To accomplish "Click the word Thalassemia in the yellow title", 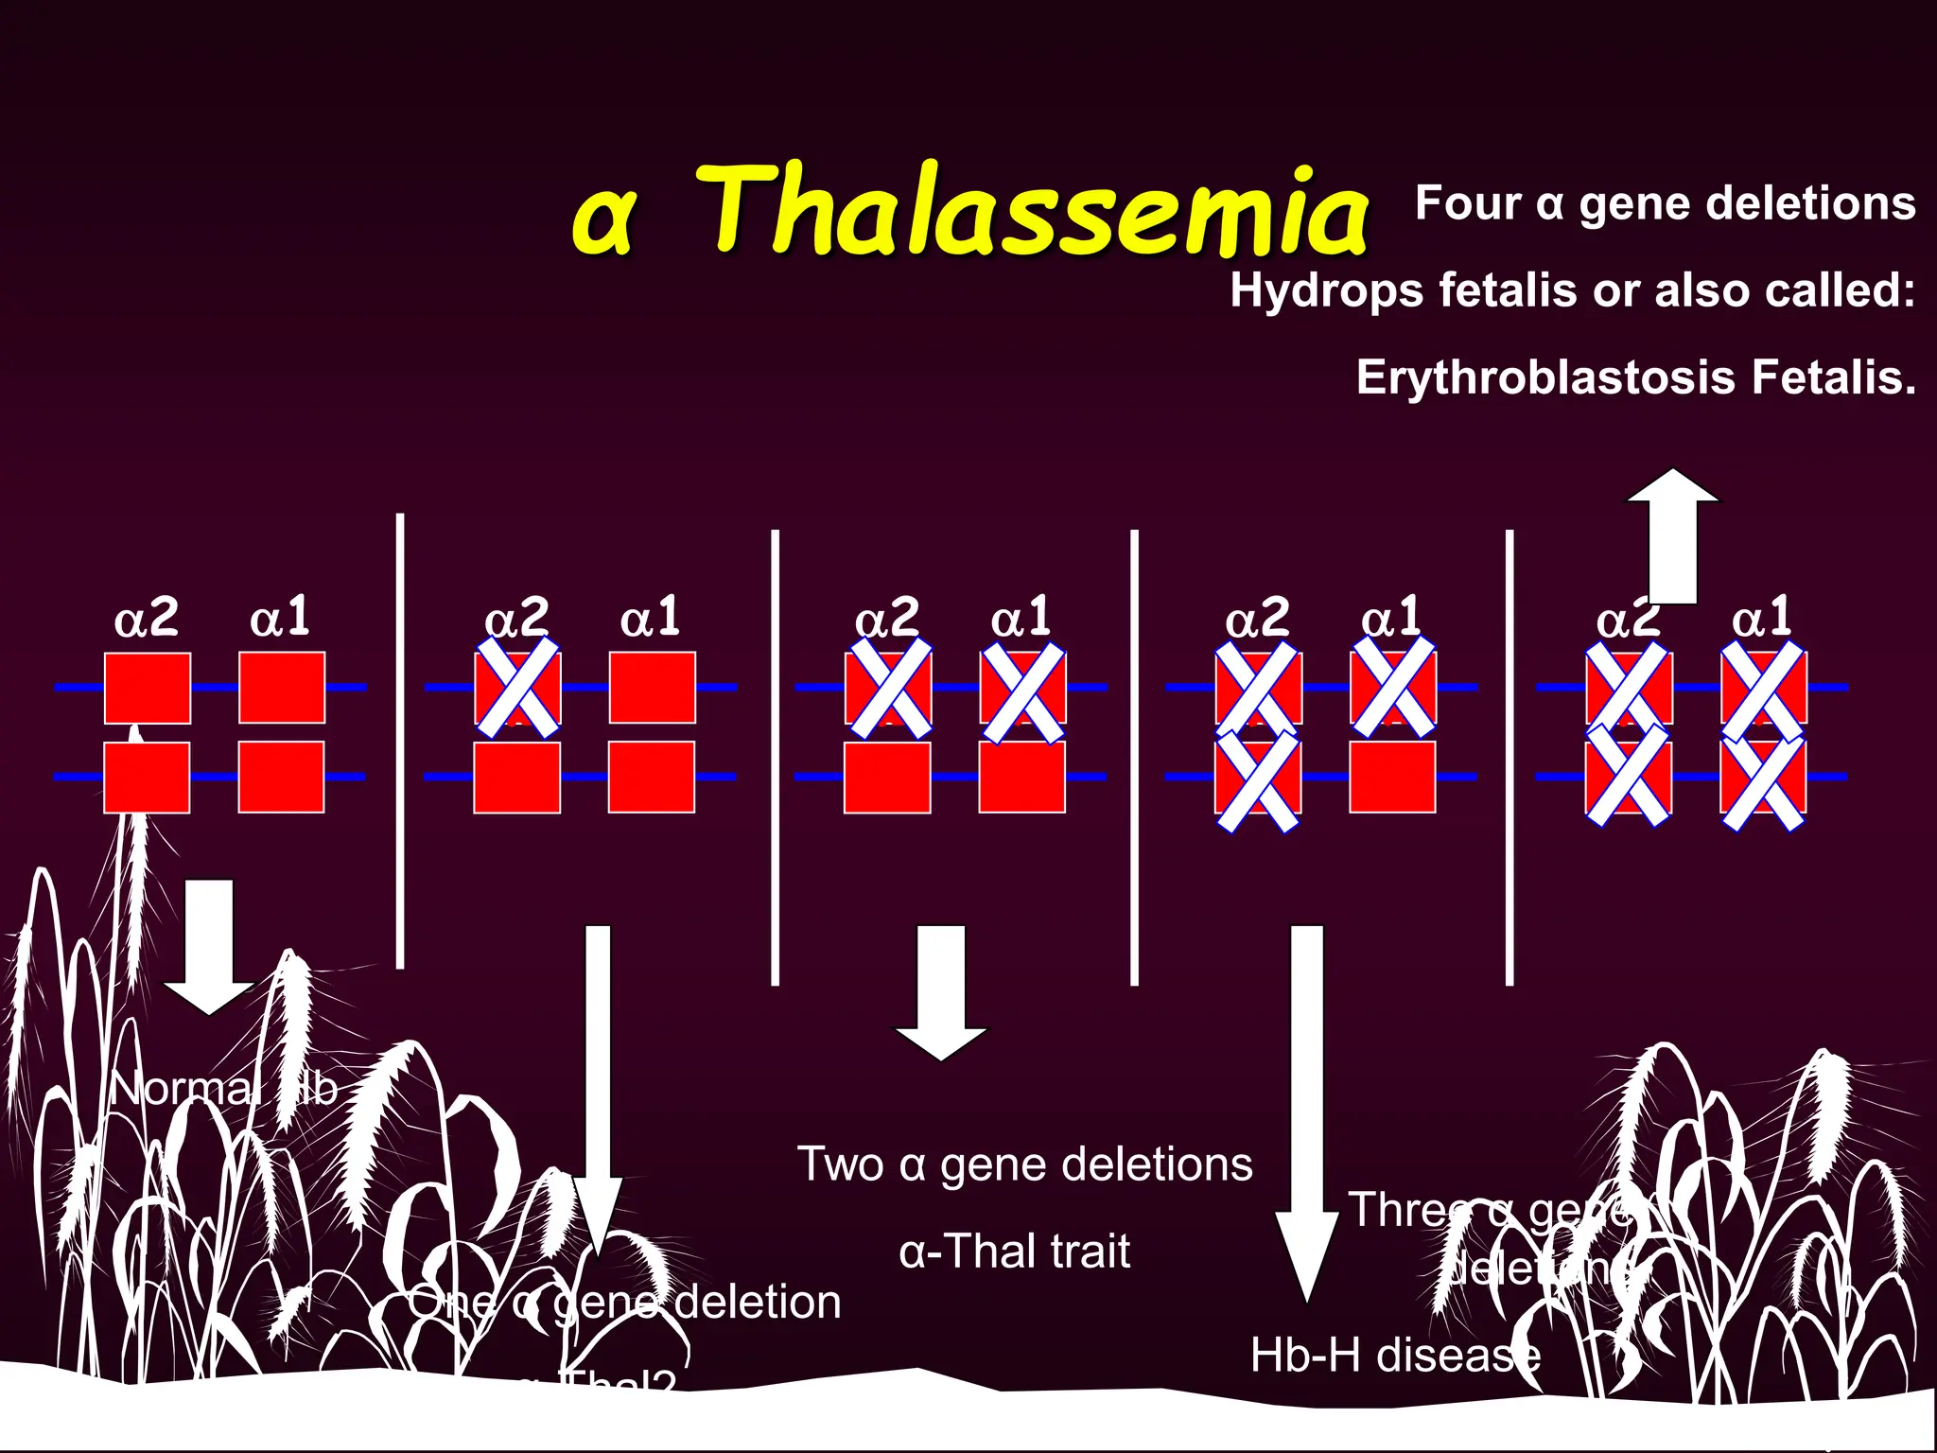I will click(x=1036, y=210).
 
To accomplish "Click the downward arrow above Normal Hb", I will click(x=209, y=946).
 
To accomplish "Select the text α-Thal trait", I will click(x=1014, y=1252).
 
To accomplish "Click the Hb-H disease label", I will click(x=1395, y=1356).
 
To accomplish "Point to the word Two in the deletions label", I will click(x=840, y=1164).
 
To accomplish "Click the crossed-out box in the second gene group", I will click(x=517, y=688).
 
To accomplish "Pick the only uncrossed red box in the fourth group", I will click(x=1392, y=778).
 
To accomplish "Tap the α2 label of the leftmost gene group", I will click(x=146, y=620).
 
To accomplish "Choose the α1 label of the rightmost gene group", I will click(x=1761, y=618).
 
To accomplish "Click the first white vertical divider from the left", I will click(x=400, y=741).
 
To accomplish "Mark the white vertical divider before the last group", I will click(x=1509, y=757).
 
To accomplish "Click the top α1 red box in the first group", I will click(x=282, y=688).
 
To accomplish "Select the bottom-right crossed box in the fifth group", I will click(x=1763, y=779).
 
